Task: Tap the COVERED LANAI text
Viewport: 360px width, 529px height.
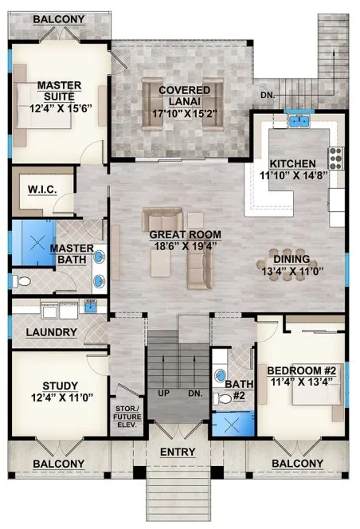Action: tap(184, 90)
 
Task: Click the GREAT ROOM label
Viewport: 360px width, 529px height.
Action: tap(185, 234)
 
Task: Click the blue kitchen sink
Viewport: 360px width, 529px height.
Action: tap(299, 121)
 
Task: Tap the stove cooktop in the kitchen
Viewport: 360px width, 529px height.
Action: tap(335, 156)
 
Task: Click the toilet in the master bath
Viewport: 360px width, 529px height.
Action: tap(22, 280)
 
